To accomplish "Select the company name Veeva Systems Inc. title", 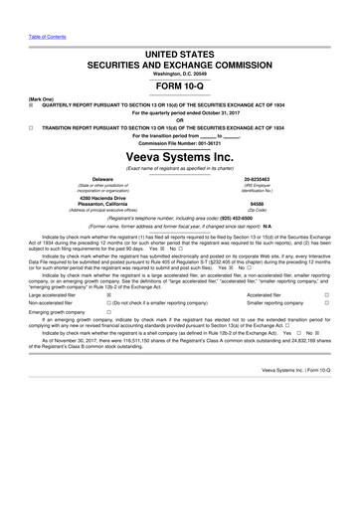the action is click(x=180, y=158).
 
